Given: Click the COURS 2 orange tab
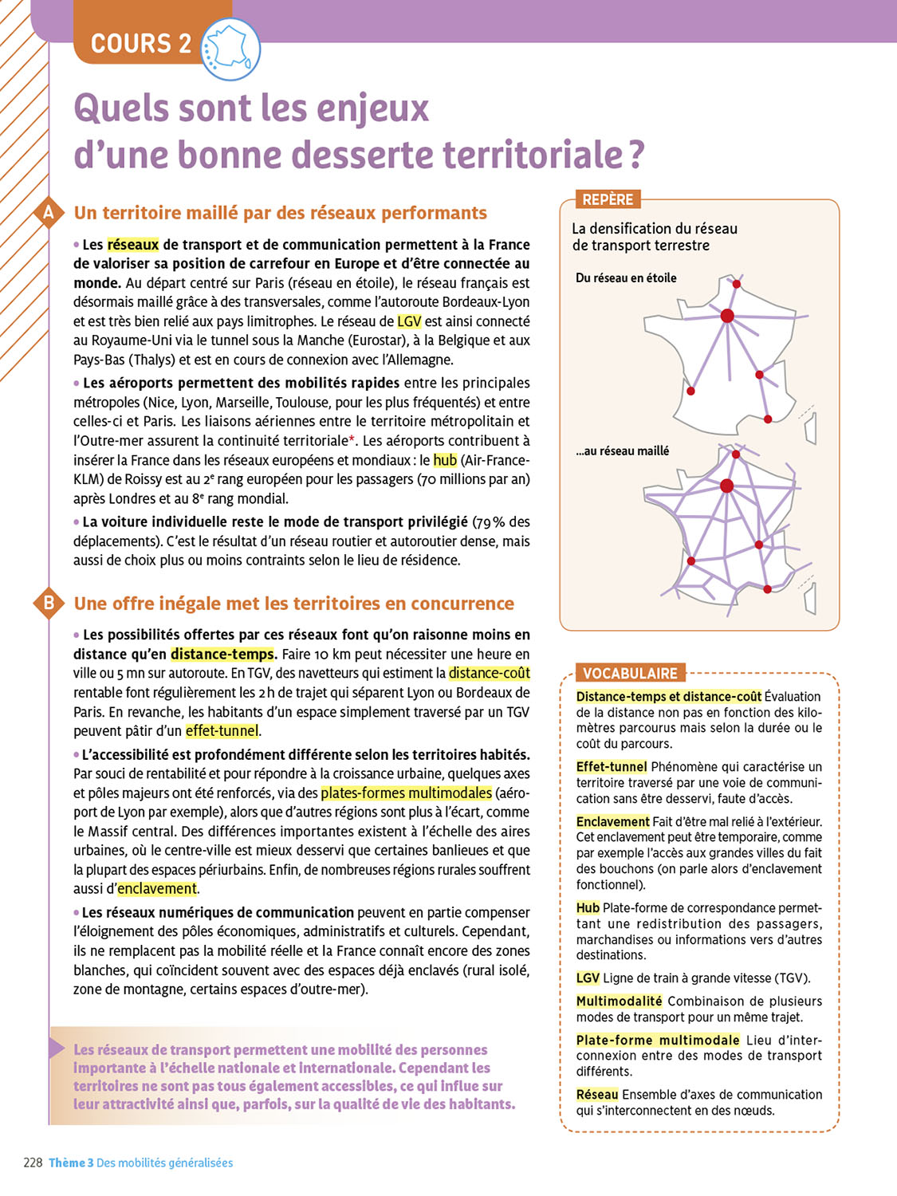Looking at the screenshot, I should coord(140,43).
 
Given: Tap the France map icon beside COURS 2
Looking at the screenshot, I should coord(230,49).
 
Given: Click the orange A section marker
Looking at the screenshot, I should coord(49,213).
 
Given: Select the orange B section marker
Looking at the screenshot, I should coord(49,603).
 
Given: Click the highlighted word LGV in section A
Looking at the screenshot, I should coord(409,321).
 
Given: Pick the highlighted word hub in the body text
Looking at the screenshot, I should coord(445,460).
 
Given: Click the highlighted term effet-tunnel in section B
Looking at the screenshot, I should coord(222,730).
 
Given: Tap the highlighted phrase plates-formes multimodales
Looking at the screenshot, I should coord(406,793).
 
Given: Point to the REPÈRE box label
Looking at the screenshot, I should coord(608,199).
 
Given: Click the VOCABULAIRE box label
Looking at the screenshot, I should coord(630,673).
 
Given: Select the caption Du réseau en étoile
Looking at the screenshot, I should coord(626,278).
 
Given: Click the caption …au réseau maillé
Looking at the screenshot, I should coord(623,451).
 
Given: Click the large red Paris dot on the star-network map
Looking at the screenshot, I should coord(727,316).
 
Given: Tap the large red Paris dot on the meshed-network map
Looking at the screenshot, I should coord(726,486).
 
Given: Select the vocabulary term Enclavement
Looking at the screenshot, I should coord(612,821).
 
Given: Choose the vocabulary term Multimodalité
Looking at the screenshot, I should coord(619,1001).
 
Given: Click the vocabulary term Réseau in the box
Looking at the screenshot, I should coord(597,1094).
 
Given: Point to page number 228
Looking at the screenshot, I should coord(33,1163).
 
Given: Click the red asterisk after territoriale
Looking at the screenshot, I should coord(352,439).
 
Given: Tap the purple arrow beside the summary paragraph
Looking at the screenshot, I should coord(57,1048).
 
